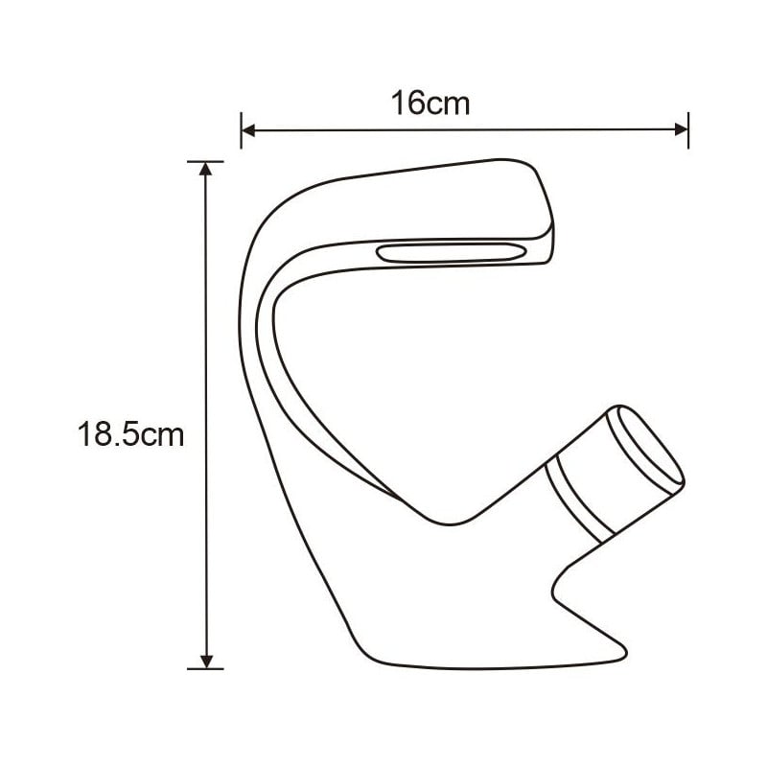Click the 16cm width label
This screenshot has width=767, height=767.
point(430,103)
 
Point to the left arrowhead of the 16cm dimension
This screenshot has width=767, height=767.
point(247,129)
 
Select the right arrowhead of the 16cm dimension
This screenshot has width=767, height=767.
point(681,129)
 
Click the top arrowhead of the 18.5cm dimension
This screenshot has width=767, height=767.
point(204,170)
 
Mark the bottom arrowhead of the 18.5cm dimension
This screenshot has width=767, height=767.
point(204,660)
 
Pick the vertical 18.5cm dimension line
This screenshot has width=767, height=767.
point(204,537)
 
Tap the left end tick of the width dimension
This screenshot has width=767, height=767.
point(241,129)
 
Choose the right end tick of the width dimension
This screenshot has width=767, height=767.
point(688,129)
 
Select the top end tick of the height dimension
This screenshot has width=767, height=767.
point(204,161)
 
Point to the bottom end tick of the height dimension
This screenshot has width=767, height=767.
point(204,668)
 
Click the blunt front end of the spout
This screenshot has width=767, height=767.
point(546,216)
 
